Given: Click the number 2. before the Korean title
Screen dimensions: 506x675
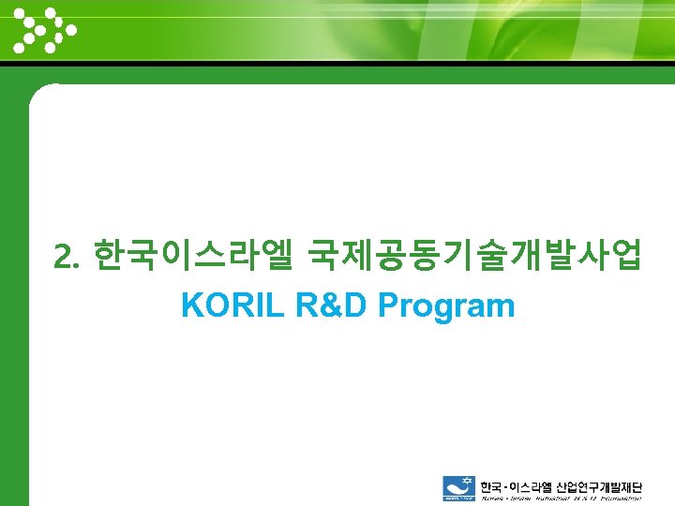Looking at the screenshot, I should click(68, 256).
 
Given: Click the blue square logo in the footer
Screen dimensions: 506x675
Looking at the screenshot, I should click(459, 489).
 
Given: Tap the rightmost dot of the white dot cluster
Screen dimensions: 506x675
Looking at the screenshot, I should click(71, 29).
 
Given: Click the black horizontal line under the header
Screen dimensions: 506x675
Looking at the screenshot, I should click(337, 65).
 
